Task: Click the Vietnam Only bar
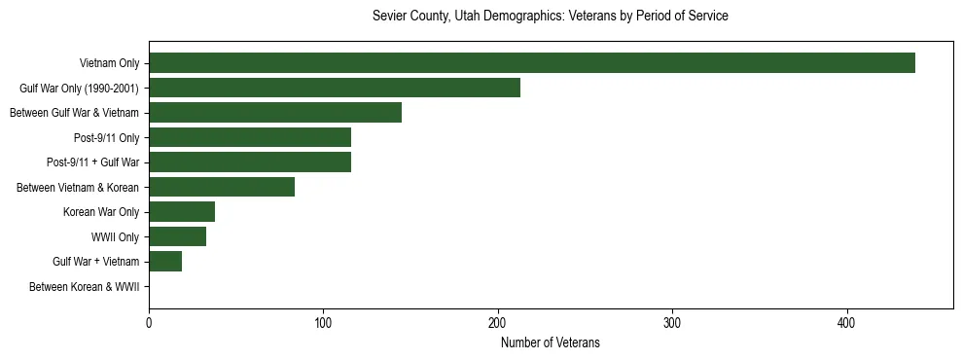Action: [531, 63]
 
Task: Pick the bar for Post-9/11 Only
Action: [249, 137]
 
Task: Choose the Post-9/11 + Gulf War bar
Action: [249, 162]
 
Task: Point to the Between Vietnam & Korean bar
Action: [221, 187]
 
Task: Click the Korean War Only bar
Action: [181, 212]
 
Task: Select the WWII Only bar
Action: [177, 236]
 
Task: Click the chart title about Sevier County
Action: [550, 17]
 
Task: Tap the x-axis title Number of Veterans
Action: [550, 343]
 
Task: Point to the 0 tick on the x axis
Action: [149, 324]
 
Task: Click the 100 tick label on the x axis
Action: [323, 324]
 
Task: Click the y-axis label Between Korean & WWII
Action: [84, 287]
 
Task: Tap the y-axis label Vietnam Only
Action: [109, 64]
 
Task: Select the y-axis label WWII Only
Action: [115, 237]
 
